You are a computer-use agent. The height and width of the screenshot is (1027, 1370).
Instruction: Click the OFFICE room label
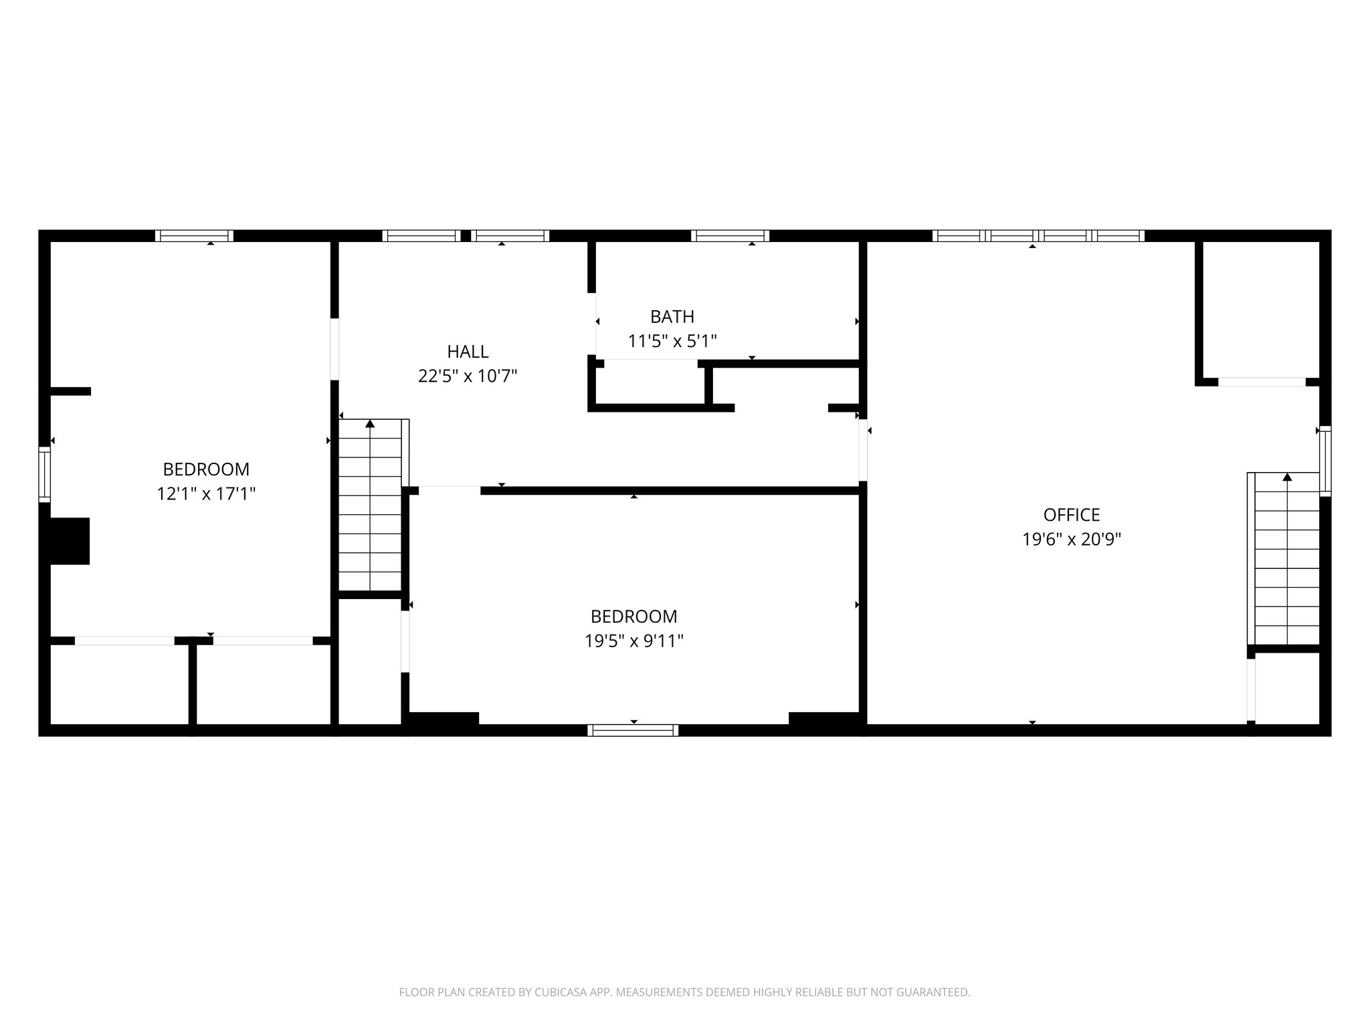(1071, 515)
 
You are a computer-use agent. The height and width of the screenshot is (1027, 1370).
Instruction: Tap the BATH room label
(672, 316)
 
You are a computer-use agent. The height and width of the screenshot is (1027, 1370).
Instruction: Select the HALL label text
(468, 351)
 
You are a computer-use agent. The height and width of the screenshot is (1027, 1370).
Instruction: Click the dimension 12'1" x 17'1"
(206, 494)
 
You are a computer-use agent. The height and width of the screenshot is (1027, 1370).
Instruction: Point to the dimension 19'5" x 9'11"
(633, 641)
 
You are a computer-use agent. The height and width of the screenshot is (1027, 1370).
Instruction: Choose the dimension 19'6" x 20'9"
(1071, 540)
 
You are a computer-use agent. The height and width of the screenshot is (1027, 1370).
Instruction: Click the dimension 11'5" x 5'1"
(672, 342)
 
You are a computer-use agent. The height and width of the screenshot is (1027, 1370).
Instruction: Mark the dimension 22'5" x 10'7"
(468, 376)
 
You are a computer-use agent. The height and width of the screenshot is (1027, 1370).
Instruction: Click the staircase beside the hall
(370, 508)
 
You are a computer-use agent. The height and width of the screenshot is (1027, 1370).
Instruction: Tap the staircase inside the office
(1286, 562)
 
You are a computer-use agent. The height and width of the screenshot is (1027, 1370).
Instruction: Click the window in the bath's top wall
(730, 235)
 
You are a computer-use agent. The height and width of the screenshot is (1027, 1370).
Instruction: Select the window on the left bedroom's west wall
(44, 474)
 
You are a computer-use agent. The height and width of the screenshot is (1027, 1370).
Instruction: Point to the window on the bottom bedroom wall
(633, 730)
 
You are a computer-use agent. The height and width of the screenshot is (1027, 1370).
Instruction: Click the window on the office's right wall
(1325, 461)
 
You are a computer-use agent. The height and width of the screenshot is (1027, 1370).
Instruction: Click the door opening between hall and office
(863, 449)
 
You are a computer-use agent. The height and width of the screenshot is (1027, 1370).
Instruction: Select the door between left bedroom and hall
(334, 350)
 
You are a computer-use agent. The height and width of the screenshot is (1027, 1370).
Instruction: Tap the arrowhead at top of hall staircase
(370, 423)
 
